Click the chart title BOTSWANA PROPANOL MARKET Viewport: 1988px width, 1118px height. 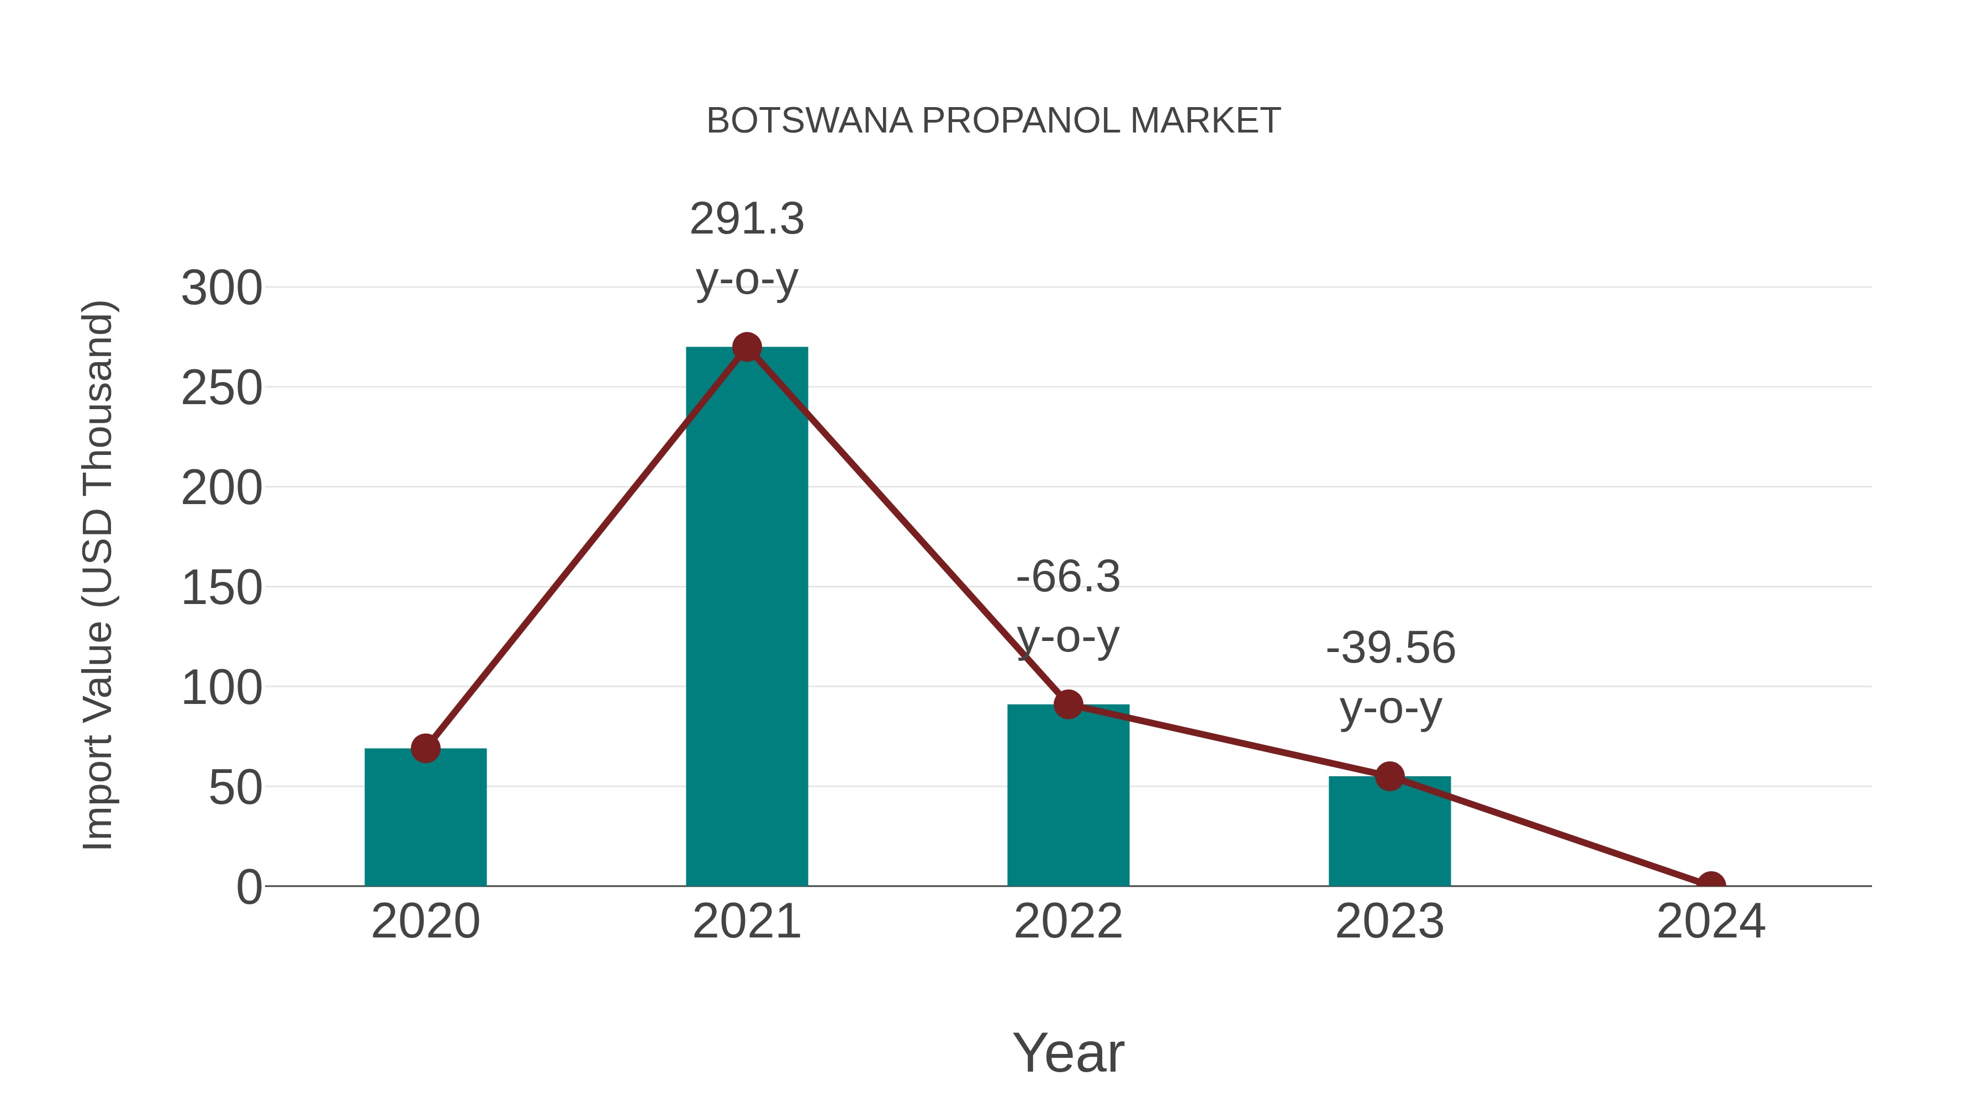tap(993, 121)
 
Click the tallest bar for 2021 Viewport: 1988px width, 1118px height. tap(746, 617)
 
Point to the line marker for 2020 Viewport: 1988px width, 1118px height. tap(425, 748)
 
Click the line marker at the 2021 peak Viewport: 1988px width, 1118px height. tap(746, 347)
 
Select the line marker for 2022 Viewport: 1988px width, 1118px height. tap(1068, 704)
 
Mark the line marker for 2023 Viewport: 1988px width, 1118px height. tap(1389, 776)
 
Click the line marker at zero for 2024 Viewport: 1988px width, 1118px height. tap(1711, 884)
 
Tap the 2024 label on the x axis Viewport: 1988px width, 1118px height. tap(1711, 921)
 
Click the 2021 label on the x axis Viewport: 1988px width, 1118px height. tap(746, 921)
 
